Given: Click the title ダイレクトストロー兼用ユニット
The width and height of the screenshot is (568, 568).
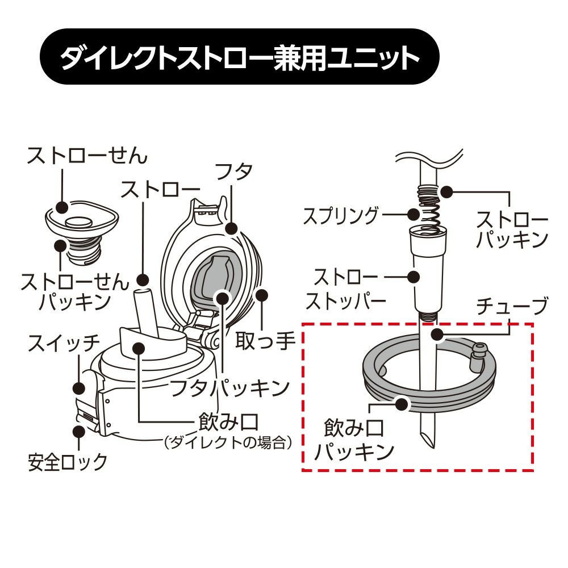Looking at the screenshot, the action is pyautogui.click(x=239, y=57).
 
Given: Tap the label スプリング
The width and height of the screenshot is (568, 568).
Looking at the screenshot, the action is pyautogui.click(x=340, y=216).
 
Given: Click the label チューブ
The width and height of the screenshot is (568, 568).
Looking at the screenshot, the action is pyautogui.click(x=512, y=307).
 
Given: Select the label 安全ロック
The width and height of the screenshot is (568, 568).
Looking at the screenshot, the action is pyautogui.click(x=68, y=462).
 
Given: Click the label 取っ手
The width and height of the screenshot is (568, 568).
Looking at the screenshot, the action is pyautogui.click(x=265, y=340).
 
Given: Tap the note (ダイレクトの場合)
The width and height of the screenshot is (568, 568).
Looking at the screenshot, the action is pyautogui.click(x=228, y=442).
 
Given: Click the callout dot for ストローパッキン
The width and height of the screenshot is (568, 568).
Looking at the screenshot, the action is pyautogui.click(x=446, y=192).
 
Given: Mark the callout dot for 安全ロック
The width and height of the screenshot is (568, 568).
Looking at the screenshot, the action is pyautogui.click(x=78, y=432).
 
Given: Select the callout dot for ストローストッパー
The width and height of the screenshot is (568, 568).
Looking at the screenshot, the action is pyautogui.click(x=413, y=277).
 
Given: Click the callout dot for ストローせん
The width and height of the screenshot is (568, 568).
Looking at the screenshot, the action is pyautogui.click(x=62, y=207).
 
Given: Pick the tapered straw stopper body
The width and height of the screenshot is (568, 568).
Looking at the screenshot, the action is pyautogui.click(x=429, y=272).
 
